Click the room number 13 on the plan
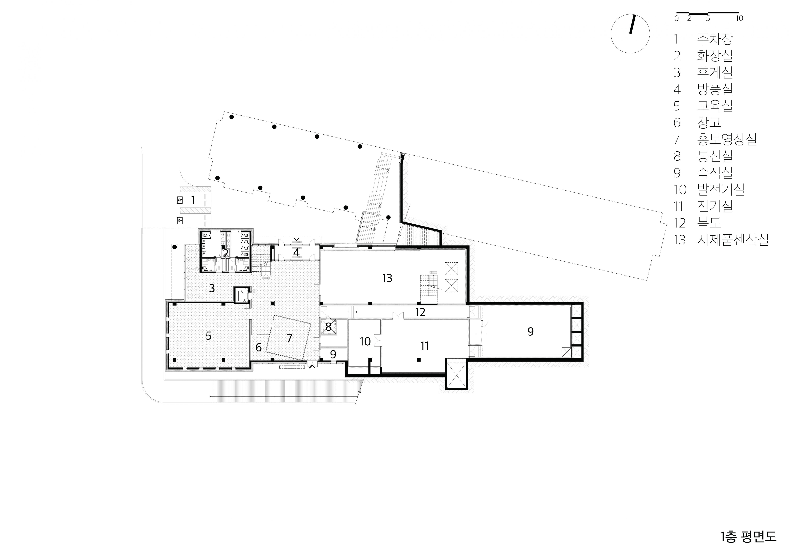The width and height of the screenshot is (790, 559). pos(387,278)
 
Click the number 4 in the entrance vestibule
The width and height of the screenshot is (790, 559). pos(296,252)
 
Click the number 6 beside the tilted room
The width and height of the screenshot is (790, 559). pos(259,347)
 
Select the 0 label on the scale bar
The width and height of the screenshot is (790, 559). pos(676,19)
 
